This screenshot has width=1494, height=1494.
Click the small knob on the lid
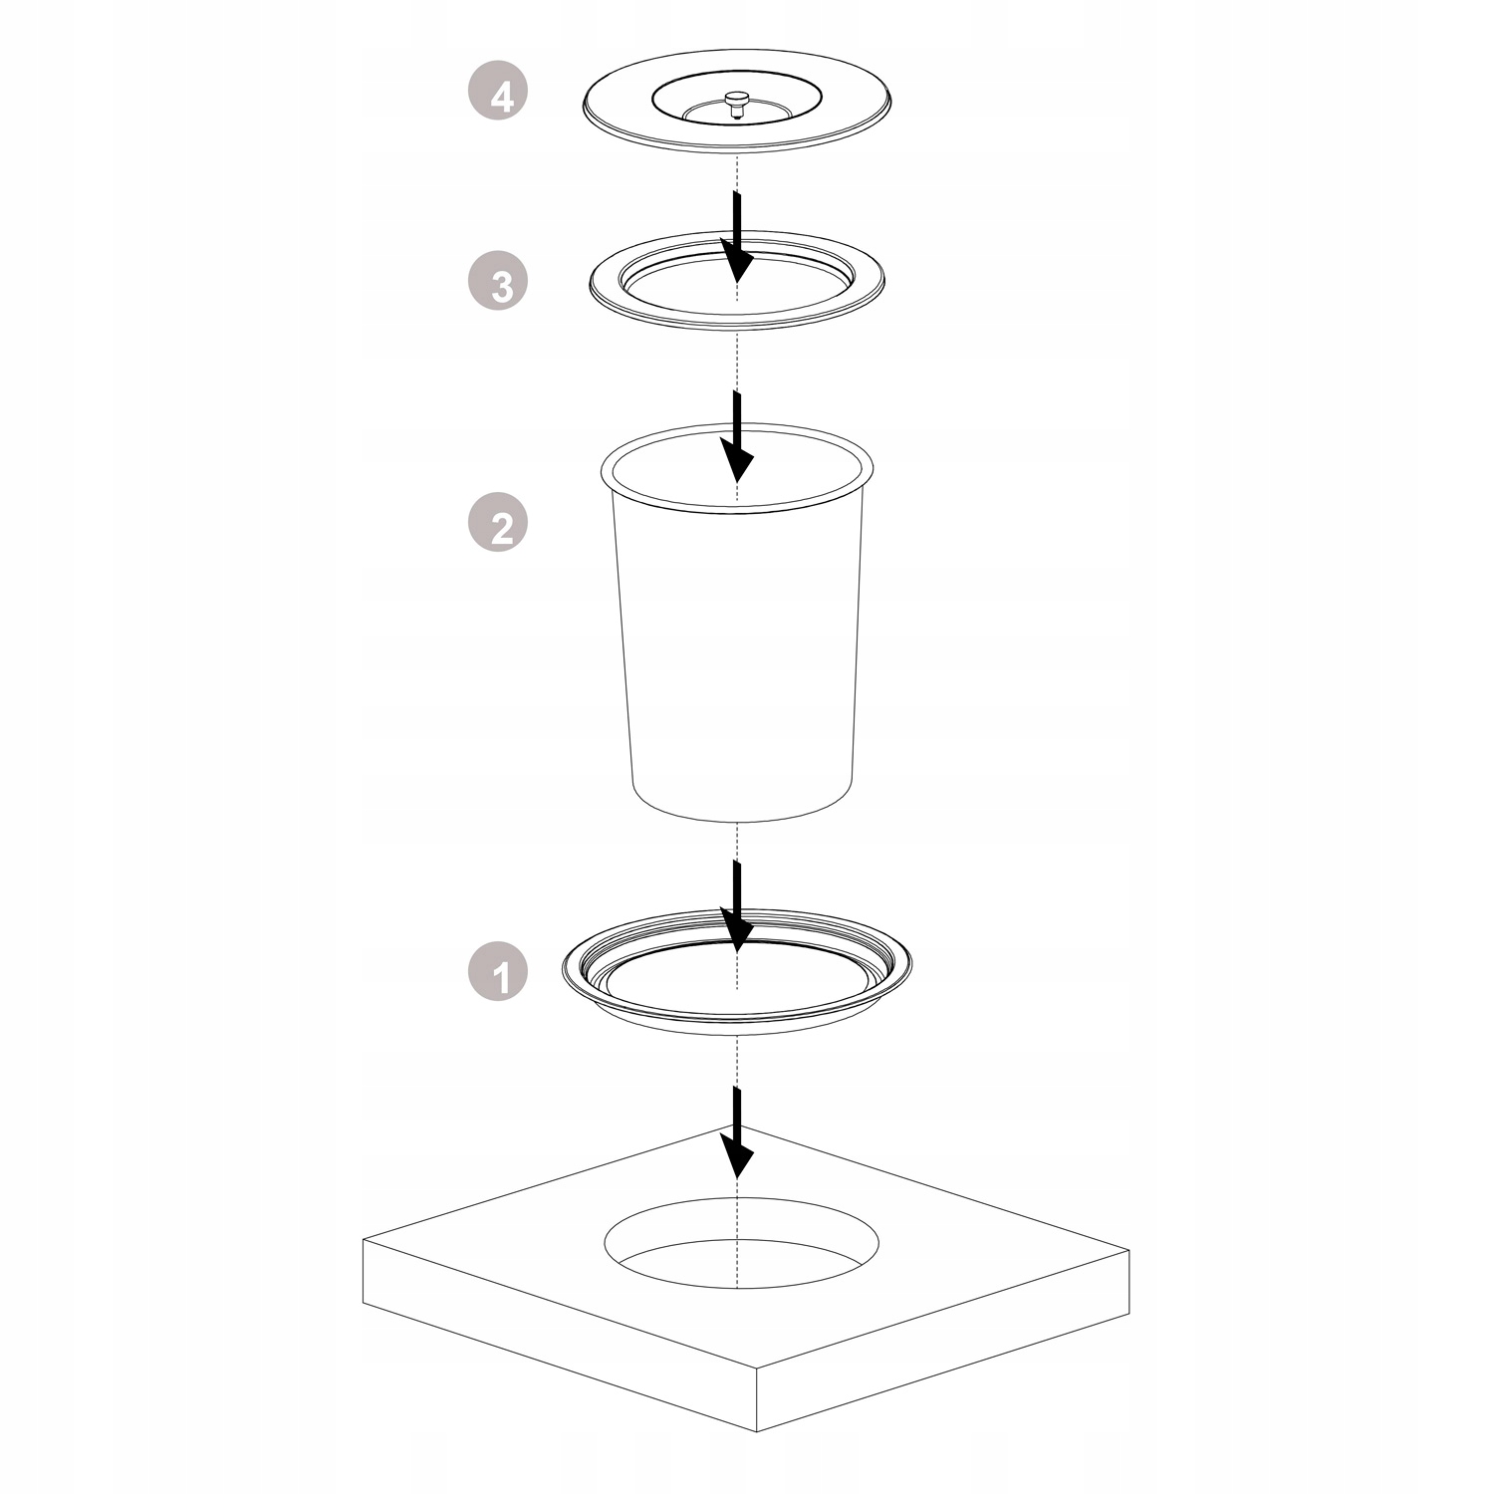[737, 103]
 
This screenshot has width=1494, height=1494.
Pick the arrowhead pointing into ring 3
[737, 261]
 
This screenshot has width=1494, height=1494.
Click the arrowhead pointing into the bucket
[737, 459]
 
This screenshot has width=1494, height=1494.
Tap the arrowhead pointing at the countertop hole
[737, 1155]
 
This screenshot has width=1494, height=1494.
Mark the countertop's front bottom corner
[757, 1431]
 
